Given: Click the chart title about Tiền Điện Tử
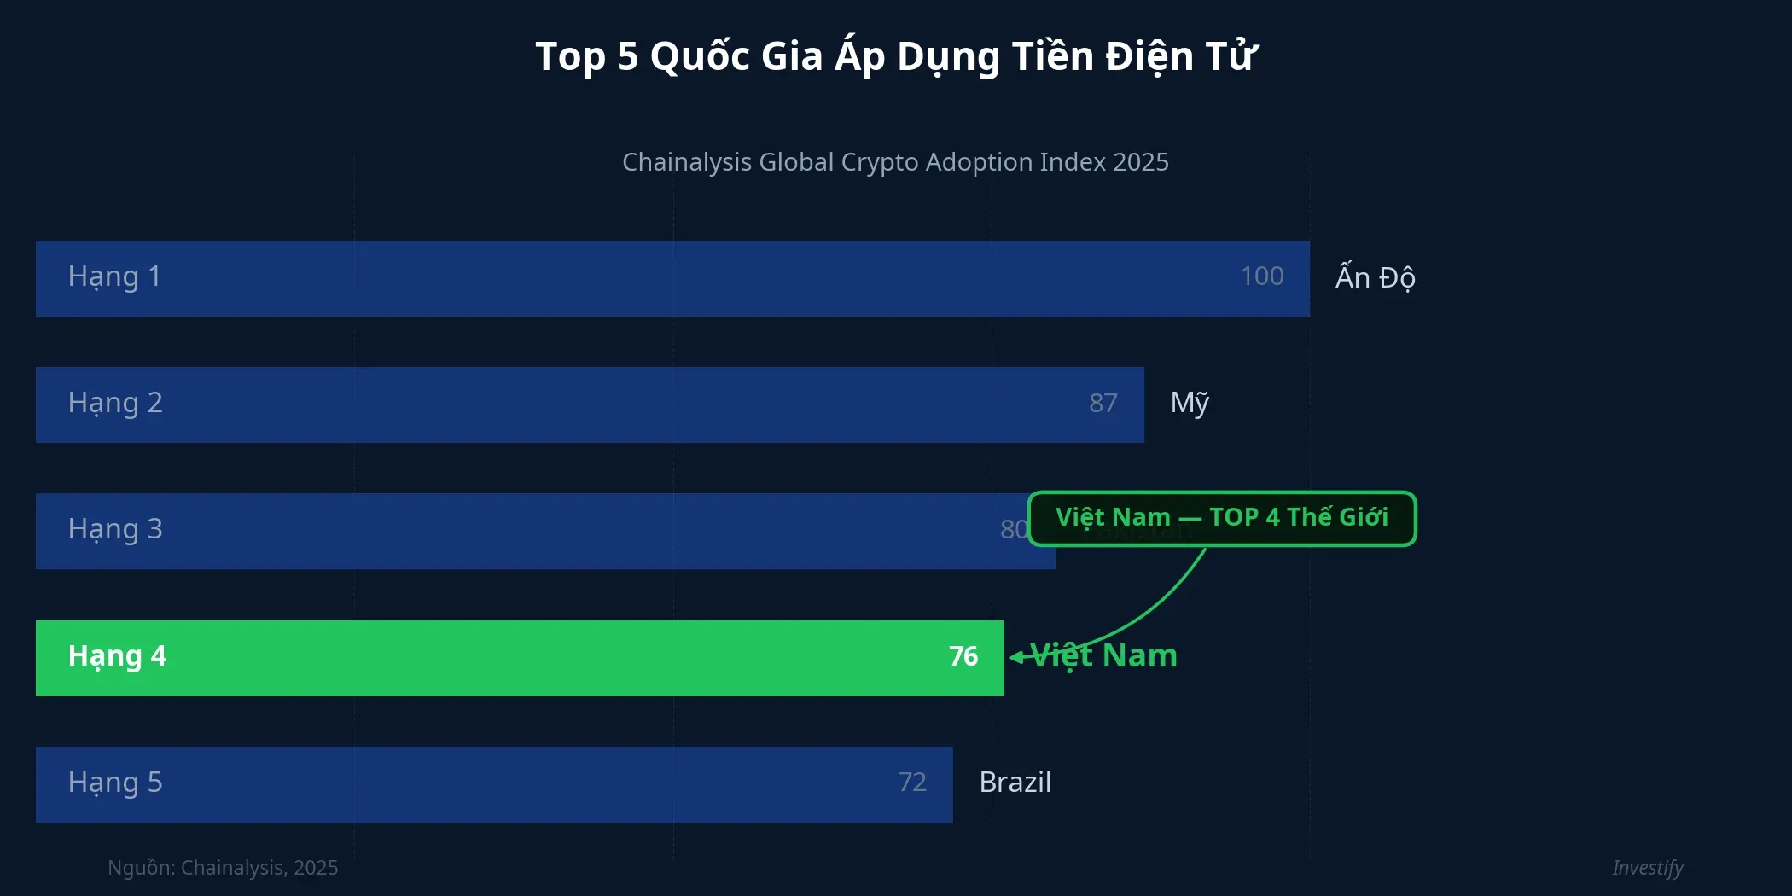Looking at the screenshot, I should (895, 57).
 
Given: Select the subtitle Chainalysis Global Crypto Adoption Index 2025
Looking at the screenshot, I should (895, 162).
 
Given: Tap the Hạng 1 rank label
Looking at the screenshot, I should (114, 277).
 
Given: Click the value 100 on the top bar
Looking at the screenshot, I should (1261, 276).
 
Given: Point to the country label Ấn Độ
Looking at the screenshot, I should (1375, 277).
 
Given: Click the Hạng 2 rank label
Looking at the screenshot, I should (115, 404).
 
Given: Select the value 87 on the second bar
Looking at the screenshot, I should (1103, 403).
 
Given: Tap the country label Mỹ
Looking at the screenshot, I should (1190, 403).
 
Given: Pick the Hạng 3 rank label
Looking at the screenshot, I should (115, 530).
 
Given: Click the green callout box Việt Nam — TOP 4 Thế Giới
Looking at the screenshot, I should (1221, 518).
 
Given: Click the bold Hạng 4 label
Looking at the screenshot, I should (117, 657).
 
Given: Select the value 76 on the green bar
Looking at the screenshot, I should (963, 656).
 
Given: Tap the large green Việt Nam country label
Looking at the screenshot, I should (1105, 655).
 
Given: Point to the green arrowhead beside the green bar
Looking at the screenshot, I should (1015, 657).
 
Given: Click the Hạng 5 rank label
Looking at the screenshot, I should (115, 783).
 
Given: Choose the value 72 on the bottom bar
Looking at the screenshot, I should (911, 783).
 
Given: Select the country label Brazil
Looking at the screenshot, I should (1015, 783).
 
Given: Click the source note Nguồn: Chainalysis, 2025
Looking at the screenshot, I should (223, 868).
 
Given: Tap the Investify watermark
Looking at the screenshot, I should (1647, 868).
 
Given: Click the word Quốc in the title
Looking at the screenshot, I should (700, 57).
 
